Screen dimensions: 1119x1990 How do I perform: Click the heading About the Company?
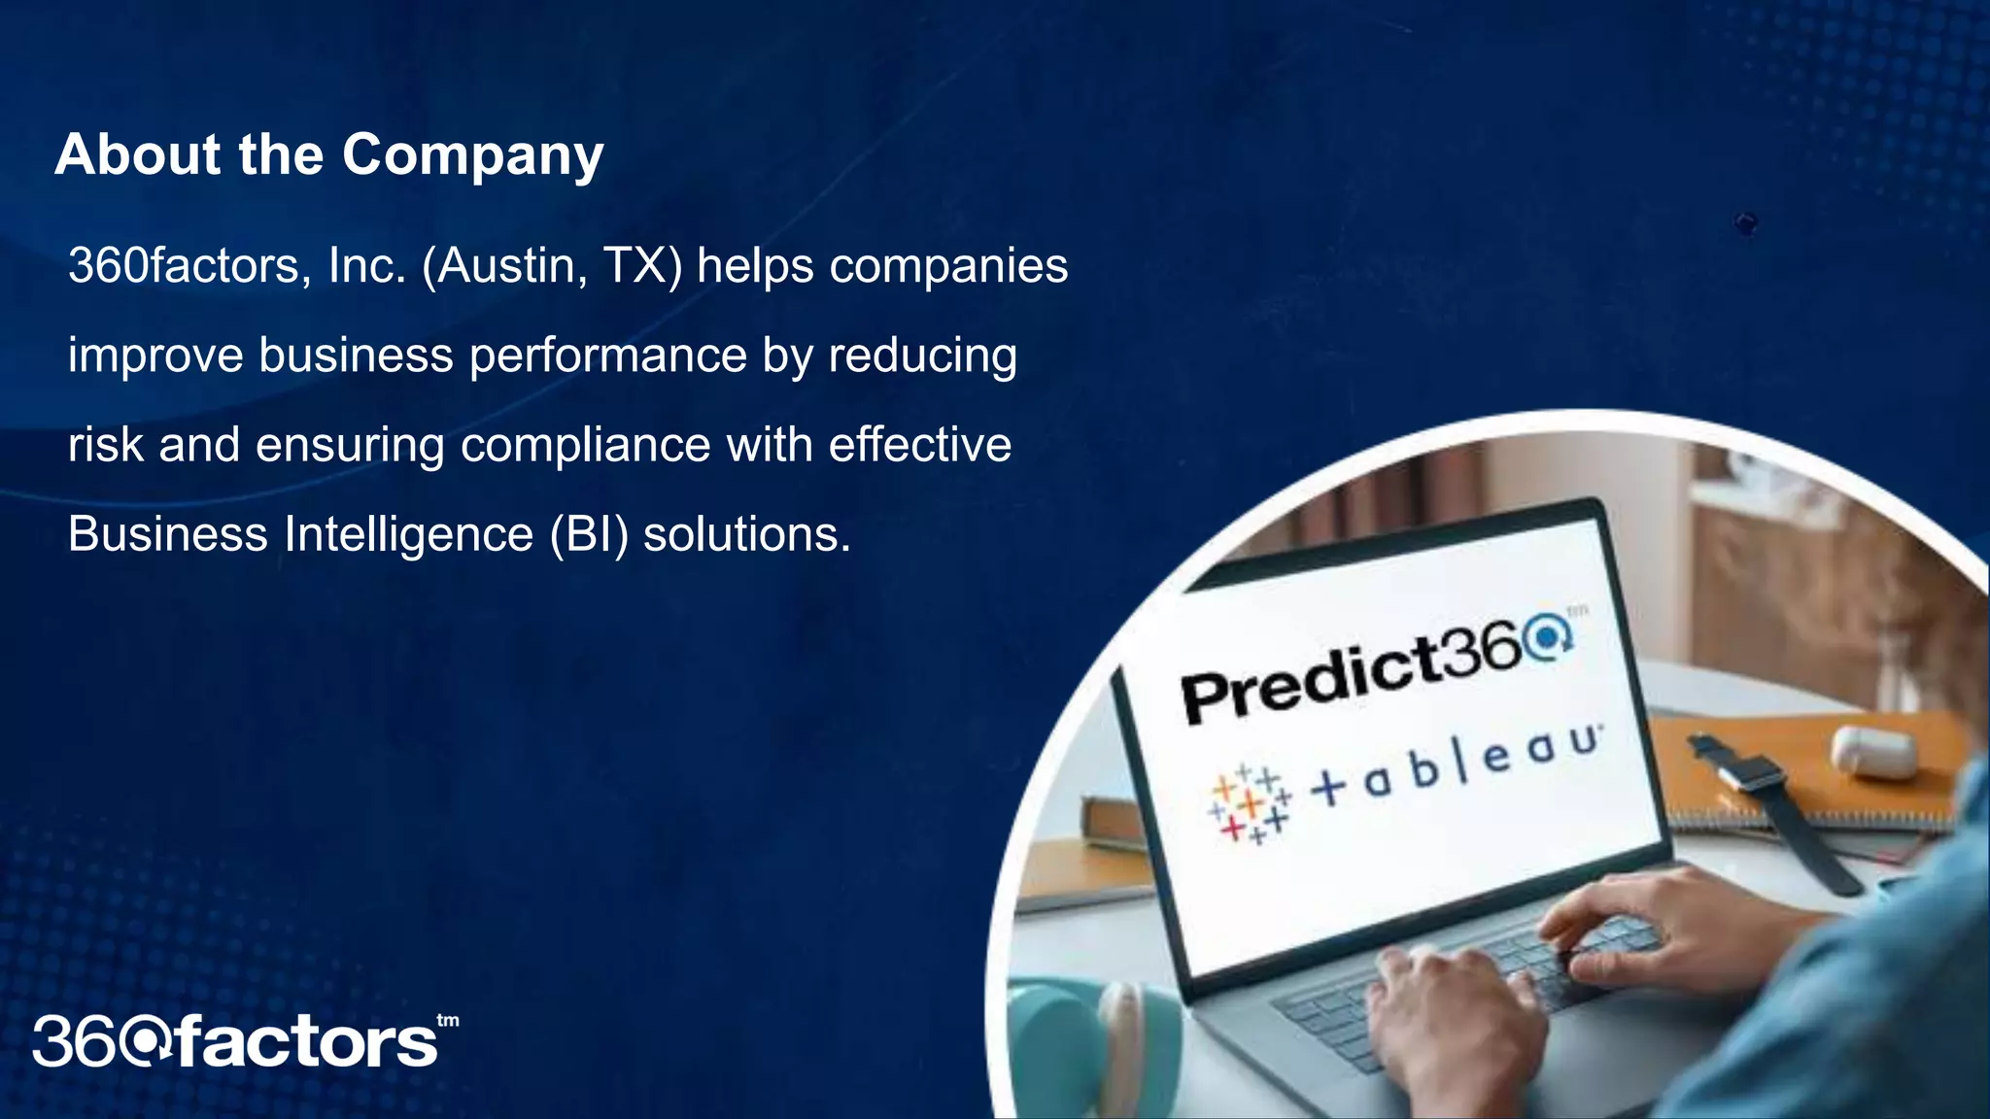tap(329, 154)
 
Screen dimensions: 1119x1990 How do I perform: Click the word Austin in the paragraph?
tap(504, 266)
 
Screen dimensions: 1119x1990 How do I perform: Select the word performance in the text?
tap(608, 356)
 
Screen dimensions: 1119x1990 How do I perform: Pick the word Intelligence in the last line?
tap(409, 535)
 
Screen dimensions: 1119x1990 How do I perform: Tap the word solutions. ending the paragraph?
tap(746, 535)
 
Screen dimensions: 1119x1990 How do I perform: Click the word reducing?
tap(922, 356)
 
